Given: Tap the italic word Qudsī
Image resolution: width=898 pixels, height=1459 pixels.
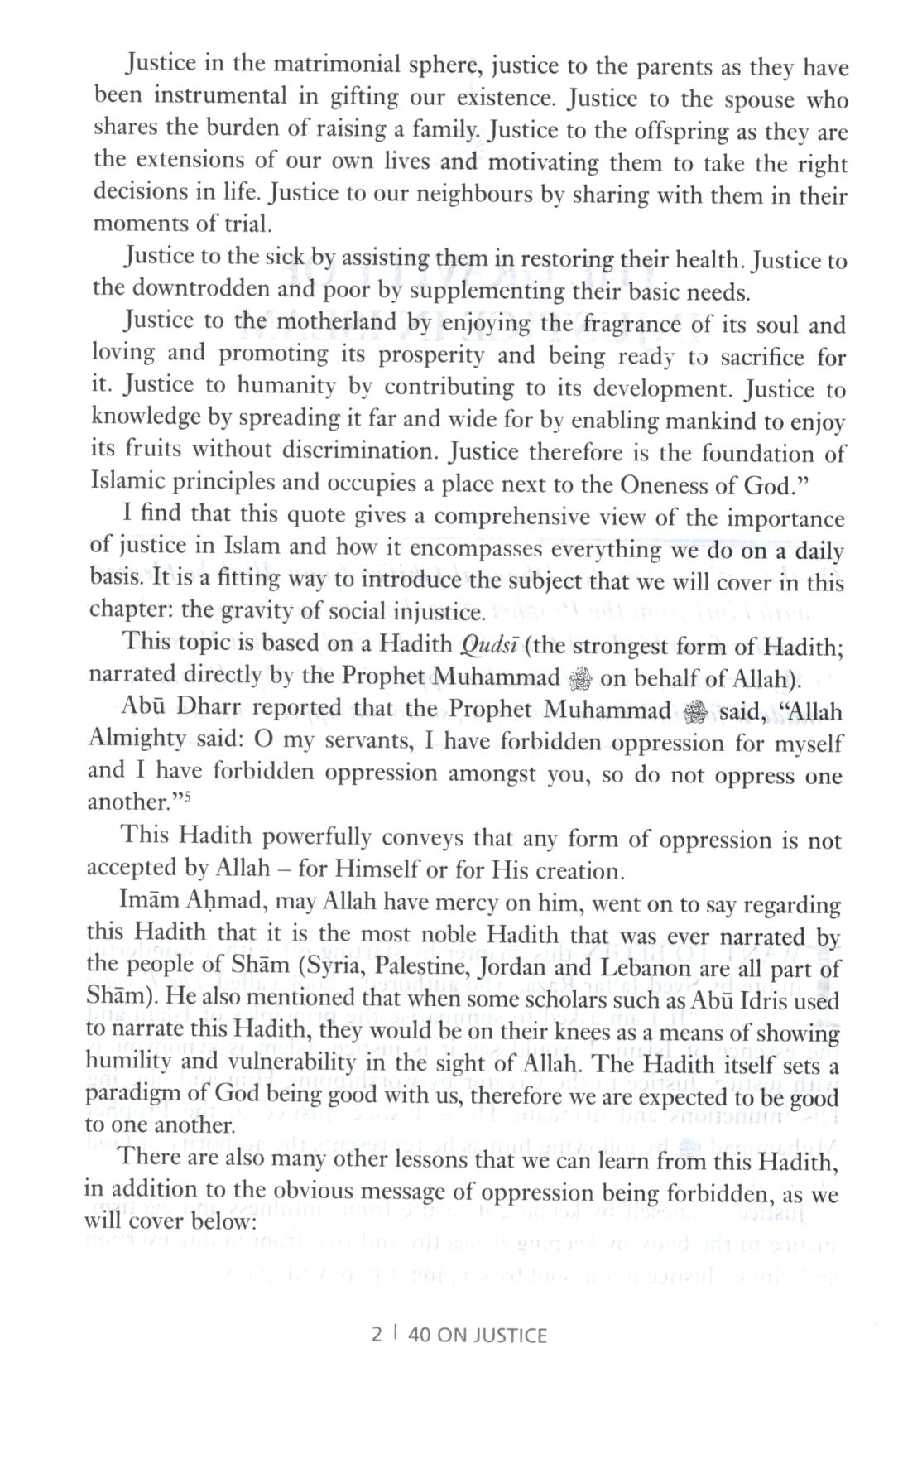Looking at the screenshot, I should click(x=492, y=643).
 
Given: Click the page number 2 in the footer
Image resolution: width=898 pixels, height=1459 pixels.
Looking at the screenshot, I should click(x=377, y=1335).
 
